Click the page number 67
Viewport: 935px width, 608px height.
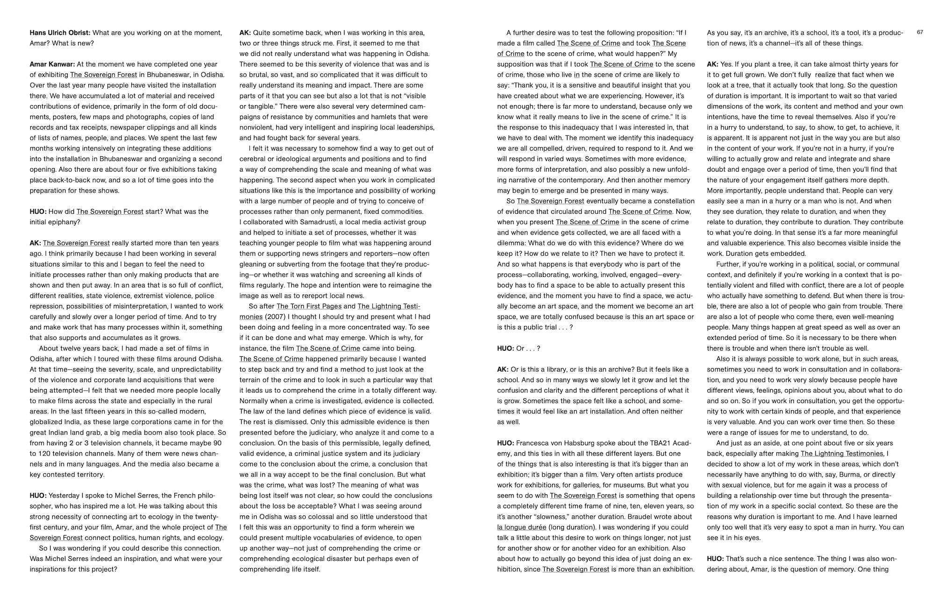tap(920, 32)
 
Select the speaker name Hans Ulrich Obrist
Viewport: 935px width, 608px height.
tap(60, 33)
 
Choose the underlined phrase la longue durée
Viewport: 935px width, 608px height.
tap(521, 527)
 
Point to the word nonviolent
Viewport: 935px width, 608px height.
tap(256, 127)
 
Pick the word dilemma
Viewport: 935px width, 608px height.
tap(513, 243)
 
